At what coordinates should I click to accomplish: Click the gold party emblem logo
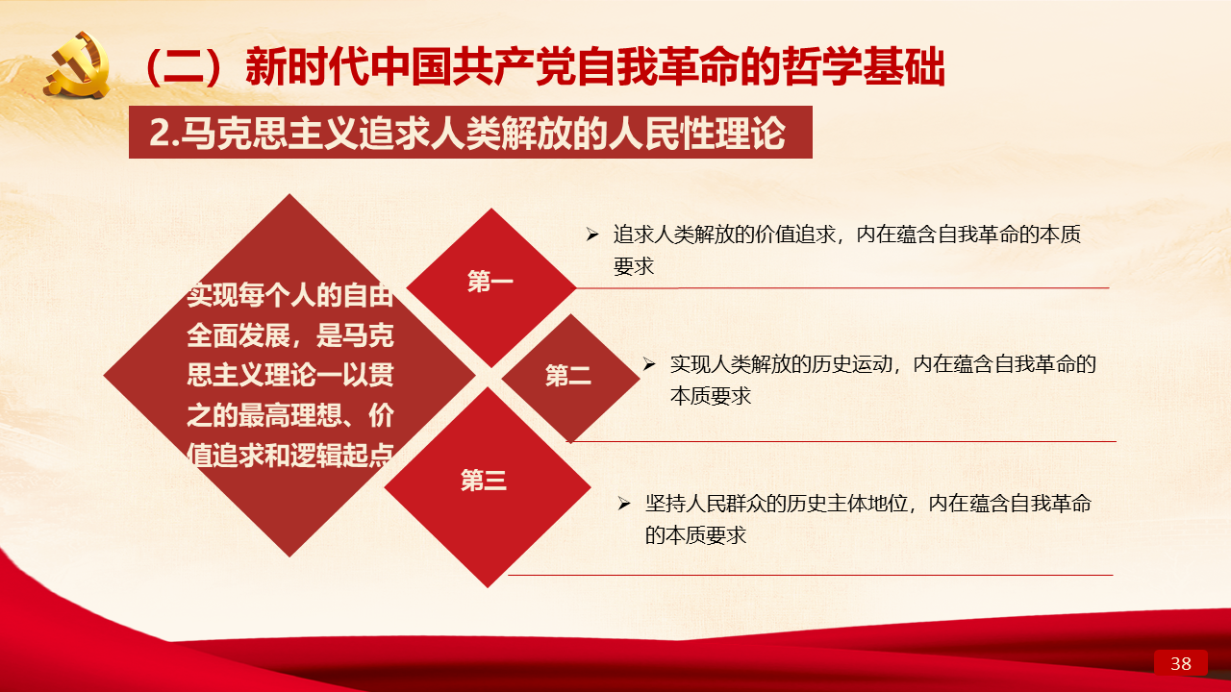pos(78,64)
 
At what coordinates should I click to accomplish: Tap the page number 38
pos(1180,663)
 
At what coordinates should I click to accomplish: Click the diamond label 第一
pos(490,282)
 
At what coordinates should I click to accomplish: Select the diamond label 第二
pos(568,376)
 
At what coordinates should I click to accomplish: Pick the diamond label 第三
pos(484,480)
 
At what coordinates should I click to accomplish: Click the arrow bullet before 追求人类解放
pos(591,235)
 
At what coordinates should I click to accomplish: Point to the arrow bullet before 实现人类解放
pos(649,364)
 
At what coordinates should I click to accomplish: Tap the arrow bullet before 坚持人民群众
pos(624,503)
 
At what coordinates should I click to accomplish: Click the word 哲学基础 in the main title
pos(864,66)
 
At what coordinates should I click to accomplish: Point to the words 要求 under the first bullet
pos(634,267)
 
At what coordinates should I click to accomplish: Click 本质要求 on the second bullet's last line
pos(711,396)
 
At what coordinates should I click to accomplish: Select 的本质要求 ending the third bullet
pos(695,535)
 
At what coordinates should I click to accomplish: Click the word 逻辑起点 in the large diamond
pos(341,456)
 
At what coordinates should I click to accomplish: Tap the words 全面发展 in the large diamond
pos(238,335)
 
